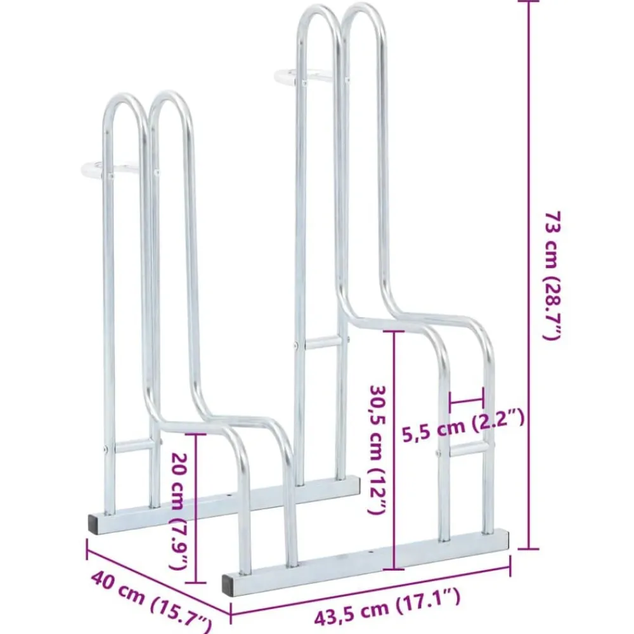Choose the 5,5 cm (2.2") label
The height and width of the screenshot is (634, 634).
(463, 424)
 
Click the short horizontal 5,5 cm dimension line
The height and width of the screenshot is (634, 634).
(466, 402)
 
